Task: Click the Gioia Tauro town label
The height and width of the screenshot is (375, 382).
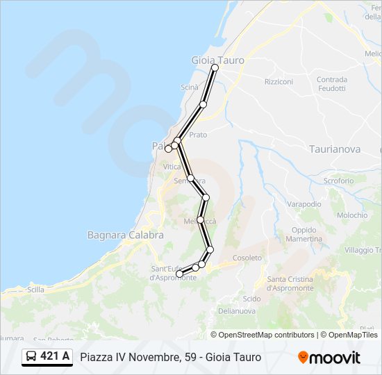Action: (x=217, y=60)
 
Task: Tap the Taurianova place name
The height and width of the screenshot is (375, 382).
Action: (x=335, y=149)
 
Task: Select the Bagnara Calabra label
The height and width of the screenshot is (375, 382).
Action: (x=126, y=235)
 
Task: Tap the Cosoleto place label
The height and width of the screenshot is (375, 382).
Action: (x=248, y=258)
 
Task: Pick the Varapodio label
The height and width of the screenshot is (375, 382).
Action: (x=304, y=204)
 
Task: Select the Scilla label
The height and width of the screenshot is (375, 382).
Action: (x=35, y=290)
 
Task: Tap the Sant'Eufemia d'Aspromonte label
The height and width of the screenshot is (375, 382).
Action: (x=173, y=273)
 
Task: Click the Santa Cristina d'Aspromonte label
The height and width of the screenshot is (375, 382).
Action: (x=290, y=283)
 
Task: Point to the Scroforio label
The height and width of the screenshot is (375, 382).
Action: (x=338, y=181)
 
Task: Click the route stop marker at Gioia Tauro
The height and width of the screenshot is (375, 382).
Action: (x=215, y=67)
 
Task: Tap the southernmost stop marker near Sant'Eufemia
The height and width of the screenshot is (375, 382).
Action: (x=179, y=274)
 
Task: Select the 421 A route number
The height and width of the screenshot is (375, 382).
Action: (x=55, y=356)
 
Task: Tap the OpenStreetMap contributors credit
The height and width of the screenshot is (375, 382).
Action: (x=267, y=335)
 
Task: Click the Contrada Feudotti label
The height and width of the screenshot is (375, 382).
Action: (x=331, y=84)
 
